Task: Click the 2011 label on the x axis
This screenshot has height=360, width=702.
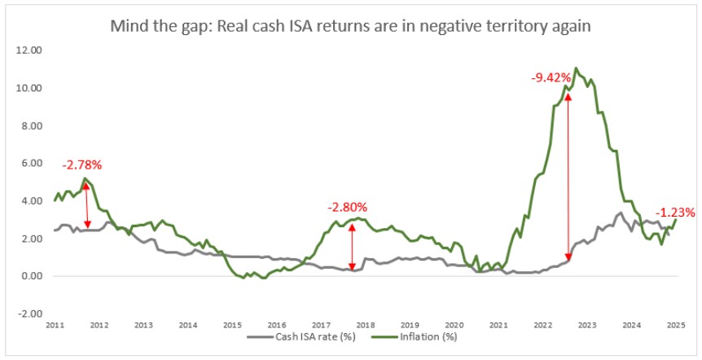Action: (55, 325)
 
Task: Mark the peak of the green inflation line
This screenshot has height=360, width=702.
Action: (577, 68)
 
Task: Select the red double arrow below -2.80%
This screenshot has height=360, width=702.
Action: (352, 245)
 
